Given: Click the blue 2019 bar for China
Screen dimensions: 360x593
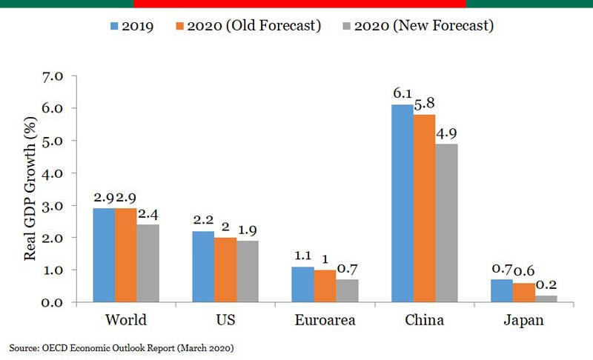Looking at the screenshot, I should [402, 204].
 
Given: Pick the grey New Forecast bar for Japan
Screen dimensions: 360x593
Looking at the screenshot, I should [546, 299].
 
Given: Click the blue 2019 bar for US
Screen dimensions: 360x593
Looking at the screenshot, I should [204, 267].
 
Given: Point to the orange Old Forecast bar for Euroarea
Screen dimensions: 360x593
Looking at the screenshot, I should [325, 286].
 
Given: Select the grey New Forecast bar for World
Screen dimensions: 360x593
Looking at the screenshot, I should [148, 264].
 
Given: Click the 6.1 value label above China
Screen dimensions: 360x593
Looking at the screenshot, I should [402, 95].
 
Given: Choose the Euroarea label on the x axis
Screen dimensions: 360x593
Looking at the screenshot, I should [324, 321].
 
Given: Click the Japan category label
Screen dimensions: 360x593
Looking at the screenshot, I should [523, 321].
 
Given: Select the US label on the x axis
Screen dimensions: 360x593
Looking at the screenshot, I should [225, 321].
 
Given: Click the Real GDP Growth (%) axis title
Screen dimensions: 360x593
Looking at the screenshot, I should [30, 189].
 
